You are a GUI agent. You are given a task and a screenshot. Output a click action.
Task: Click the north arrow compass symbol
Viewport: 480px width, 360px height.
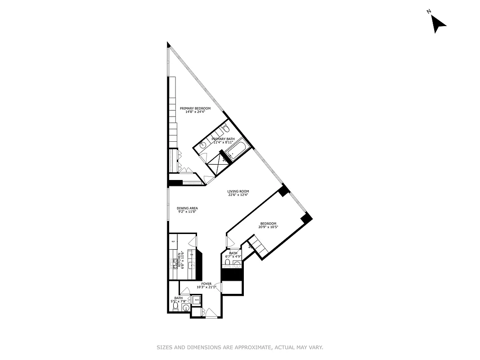click(438, 23)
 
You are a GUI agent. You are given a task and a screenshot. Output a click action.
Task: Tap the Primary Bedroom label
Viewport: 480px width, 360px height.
click(195, 110)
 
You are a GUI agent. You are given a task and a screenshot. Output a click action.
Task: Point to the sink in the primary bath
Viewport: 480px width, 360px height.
click(203, 145)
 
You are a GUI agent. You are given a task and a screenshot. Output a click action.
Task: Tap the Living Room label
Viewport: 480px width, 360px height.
click(238, 193)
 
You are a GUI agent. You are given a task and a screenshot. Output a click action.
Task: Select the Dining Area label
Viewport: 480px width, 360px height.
click(187, 210)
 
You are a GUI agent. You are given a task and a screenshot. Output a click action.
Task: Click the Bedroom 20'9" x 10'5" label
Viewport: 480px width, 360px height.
click(268, 225)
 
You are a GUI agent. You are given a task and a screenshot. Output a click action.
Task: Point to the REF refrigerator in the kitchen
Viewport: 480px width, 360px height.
click(173, 242)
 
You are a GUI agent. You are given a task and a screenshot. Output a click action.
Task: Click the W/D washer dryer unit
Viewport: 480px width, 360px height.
click(197, 299)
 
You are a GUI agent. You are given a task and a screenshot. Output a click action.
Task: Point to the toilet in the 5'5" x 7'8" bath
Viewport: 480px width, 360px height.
click(175, 307)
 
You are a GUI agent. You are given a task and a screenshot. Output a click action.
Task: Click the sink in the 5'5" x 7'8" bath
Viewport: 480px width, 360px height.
click(186, 308)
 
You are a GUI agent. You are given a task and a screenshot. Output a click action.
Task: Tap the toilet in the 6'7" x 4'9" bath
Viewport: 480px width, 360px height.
click(228, 262)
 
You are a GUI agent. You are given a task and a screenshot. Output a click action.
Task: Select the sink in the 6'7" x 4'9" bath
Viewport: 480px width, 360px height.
click(238, 263)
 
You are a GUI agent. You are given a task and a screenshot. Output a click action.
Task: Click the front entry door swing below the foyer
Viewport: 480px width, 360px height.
click(210, 313)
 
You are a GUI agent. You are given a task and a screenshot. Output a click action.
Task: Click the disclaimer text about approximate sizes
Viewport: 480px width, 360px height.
click(240, 347)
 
